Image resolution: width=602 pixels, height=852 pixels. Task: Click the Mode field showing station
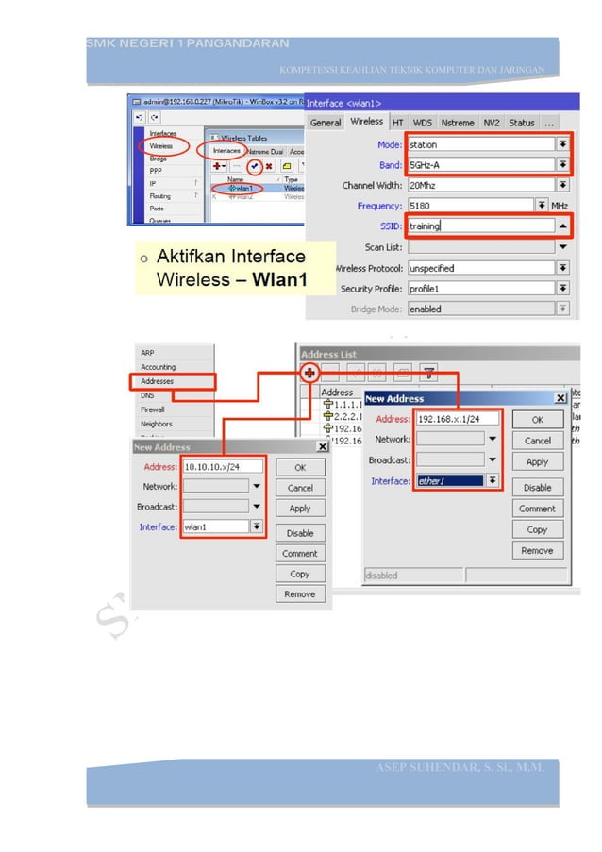(x=480, y=144)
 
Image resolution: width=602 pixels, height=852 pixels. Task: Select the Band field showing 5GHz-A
(x=480, y=164)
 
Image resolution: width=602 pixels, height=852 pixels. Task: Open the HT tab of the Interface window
(x=398, y=123)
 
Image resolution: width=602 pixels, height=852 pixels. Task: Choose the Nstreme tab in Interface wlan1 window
(x=458, y=123)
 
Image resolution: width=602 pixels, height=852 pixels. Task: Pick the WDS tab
(x=423, y=123)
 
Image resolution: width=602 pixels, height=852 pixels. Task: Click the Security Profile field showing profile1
(x=480, y=288)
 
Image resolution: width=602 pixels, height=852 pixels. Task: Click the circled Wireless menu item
(x=162, y=146)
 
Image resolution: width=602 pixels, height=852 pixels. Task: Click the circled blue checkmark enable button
(x=253, y=165)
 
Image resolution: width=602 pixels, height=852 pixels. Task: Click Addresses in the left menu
(x=158, y=382)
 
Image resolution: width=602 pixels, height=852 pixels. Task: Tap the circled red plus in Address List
(x=309, y=373)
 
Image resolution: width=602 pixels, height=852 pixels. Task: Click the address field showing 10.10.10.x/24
(x=223, y=466)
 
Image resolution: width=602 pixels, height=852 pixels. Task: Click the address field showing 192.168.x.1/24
(x=459, y=419)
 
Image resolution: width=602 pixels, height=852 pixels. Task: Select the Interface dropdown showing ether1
(x=459, y=481)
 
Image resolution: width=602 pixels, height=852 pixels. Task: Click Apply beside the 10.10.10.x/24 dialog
(x=300, y=509)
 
